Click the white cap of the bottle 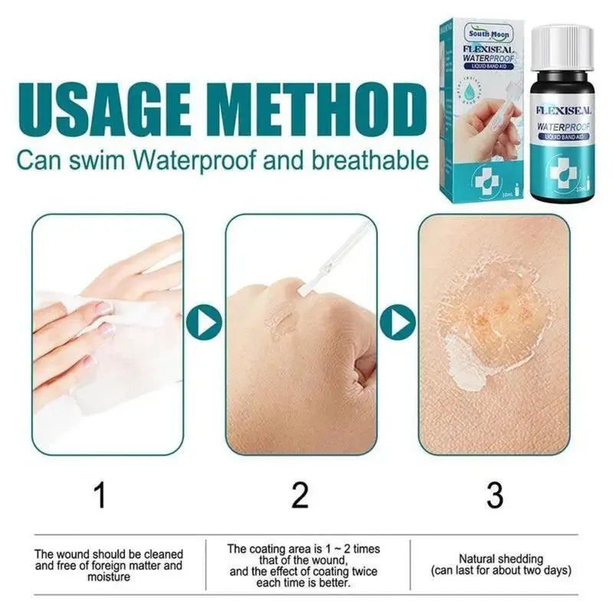(562, 47)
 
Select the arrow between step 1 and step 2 (204, 323)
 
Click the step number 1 (100, 496)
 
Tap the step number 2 (300, 496)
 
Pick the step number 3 (494, 496)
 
